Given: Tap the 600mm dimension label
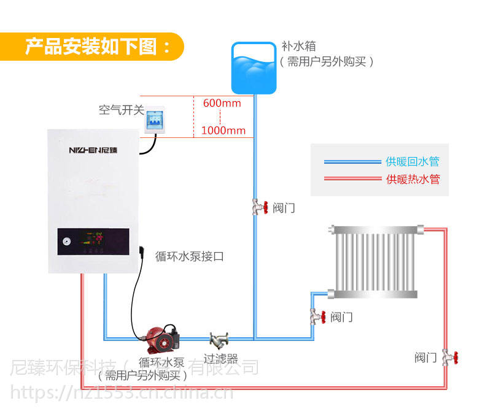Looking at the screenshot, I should click(222, 103).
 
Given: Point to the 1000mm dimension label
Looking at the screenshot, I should click(223, 130).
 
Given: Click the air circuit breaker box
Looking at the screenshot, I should click(157, 118).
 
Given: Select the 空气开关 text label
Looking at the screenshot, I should click(121, 110).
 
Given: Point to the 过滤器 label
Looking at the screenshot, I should click(220, 359).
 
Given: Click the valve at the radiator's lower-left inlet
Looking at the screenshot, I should click(316, 316).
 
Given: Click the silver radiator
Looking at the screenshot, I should click(374, 262).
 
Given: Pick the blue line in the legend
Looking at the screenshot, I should click(352, 162).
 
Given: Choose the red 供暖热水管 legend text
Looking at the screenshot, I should click(413, 180).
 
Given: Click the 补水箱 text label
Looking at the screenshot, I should click(298, 46).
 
